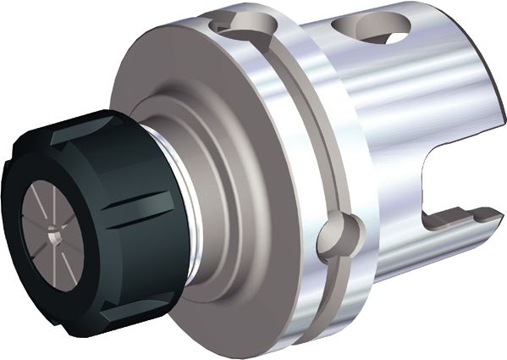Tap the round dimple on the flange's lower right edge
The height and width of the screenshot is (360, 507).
coord(335,238)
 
